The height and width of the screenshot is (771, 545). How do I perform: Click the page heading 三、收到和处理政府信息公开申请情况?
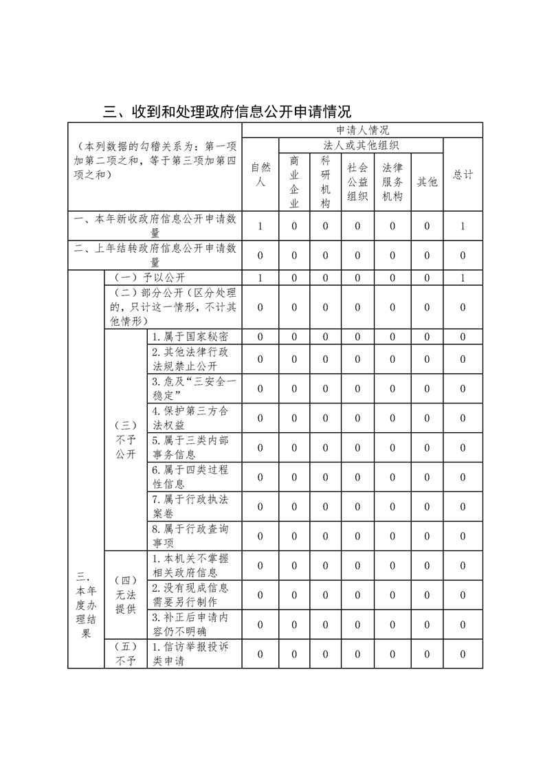point(227,111)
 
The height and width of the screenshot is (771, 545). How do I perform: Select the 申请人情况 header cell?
point(362,130)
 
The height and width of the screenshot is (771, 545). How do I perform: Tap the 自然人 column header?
point(260,175)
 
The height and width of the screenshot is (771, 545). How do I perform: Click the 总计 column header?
point(463,175)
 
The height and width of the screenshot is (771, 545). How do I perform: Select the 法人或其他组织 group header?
point(362,145)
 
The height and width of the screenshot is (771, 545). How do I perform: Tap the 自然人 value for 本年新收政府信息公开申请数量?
point(260,226)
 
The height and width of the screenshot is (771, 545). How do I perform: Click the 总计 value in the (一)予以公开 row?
point(463,278)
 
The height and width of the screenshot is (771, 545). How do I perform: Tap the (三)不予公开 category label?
point(126,440)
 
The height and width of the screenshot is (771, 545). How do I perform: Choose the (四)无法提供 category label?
point(126,594)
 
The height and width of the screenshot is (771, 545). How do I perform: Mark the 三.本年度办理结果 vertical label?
point(86,605)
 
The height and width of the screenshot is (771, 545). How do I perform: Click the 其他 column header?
point(427,182)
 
